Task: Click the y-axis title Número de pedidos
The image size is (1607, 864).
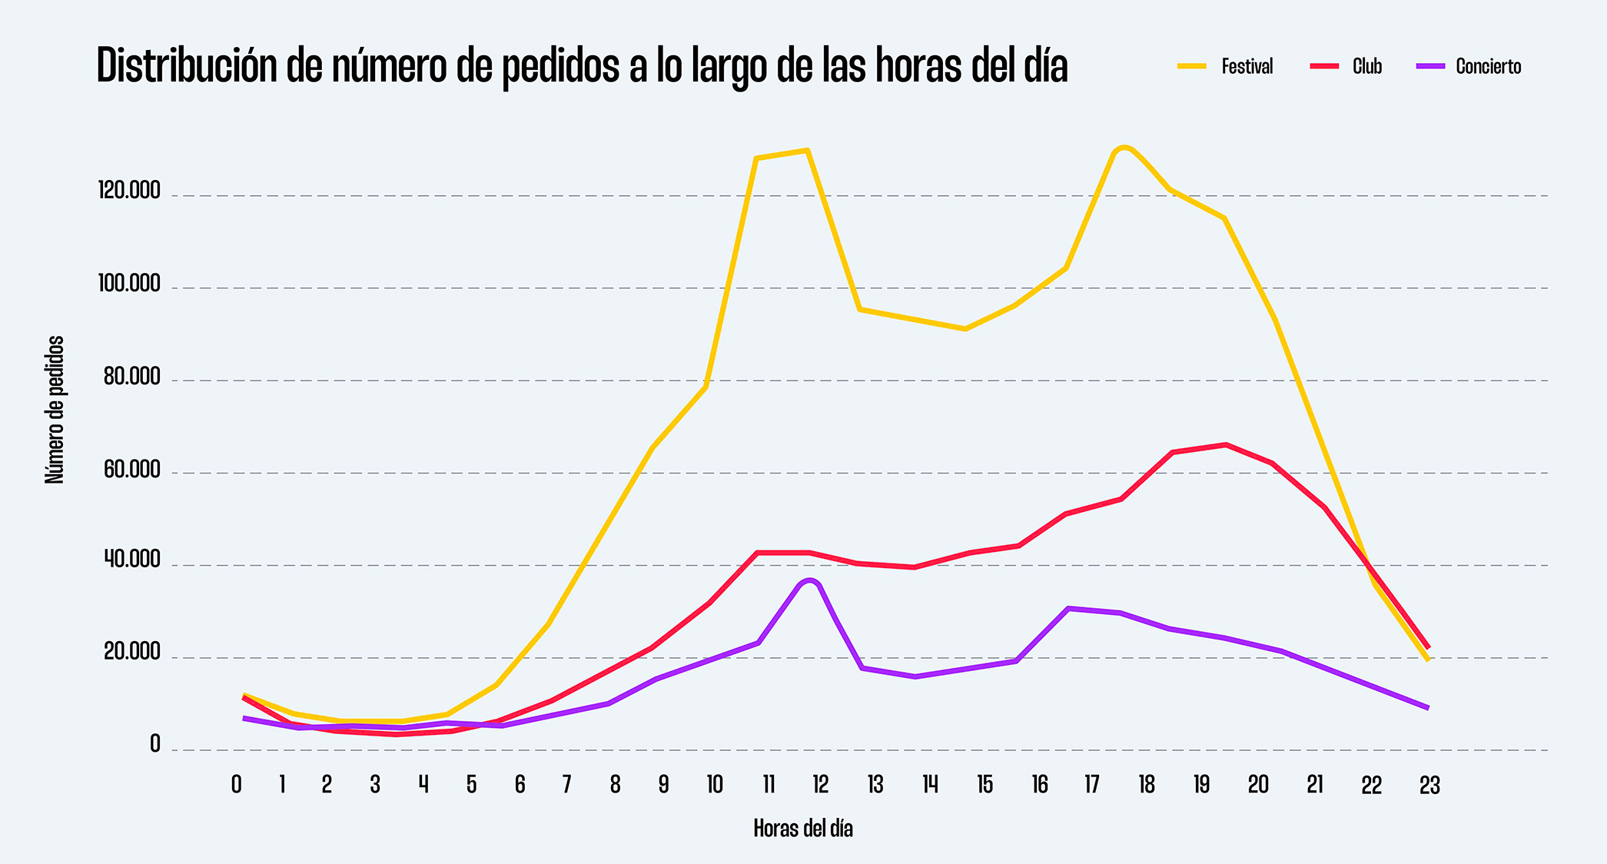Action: (x=55, y=410)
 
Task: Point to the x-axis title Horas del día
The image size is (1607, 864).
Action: (x=803, y=829)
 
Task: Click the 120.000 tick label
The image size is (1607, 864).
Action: (x=129, y=191)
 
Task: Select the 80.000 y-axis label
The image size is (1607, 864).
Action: (x=132, y=377)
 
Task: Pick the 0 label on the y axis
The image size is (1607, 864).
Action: (x=155, y=744)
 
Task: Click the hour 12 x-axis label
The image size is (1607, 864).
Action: (x=821, y=785)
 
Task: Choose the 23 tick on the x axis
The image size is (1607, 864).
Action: (x=1429, y=785)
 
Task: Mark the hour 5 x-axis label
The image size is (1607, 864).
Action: (x=471, y=785)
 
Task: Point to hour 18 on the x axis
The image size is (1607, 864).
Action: (x=1147, y=785)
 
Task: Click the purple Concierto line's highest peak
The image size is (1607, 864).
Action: (x=809, y=580)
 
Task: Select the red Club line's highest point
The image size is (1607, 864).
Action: (x=1226, y=444)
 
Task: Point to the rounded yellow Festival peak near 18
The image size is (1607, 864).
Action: (x=1124, y=147)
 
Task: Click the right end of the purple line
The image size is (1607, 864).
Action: (x=1427, y=708)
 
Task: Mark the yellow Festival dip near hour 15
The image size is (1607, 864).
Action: (x=965, y=329)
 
